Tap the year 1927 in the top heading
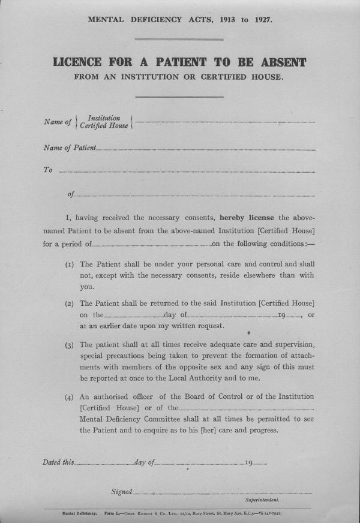pyautogui.click(x=260, y=19)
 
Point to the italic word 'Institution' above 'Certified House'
pyautogui.click(x=104, y=118)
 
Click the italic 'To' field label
pyautogui.click(x=48, y=170)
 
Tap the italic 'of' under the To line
pyautogui.click(x=71, y=194)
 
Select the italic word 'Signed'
pyautogui.click(x=121, y=492)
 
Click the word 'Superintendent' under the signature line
pyautogui.click(x=265, y=500)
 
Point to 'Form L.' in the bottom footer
pyautogui.click(x=114, y=513)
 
